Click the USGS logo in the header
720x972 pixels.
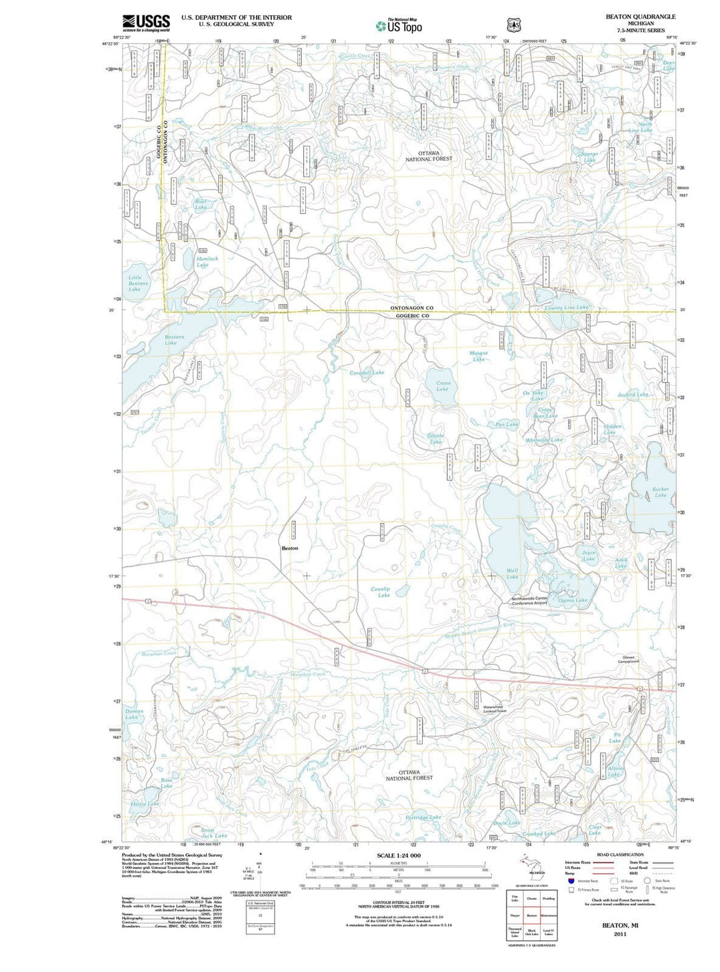click(146, 23)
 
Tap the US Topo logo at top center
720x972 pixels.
click(399, 26)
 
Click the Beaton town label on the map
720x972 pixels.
click(290, 548)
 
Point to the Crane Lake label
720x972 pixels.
click(443, 386)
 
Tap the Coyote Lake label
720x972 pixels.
click(435, 438)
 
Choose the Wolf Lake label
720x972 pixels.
click(512, 573)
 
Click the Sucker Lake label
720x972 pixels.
click(660, 492)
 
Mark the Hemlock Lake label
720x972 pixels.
click(207, 262)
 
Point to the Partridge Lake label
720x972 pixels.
click(423, 817)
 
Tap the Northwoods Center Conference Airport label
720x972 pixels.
click(529, 600)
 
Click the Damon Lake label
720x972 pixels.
click(134, 714)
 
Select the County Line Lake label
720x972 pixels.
click(567, 307)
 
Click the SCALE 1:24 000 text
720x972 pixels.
click(399, 855)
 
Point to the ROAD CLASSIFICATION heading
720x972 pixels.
click(620, 855)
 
